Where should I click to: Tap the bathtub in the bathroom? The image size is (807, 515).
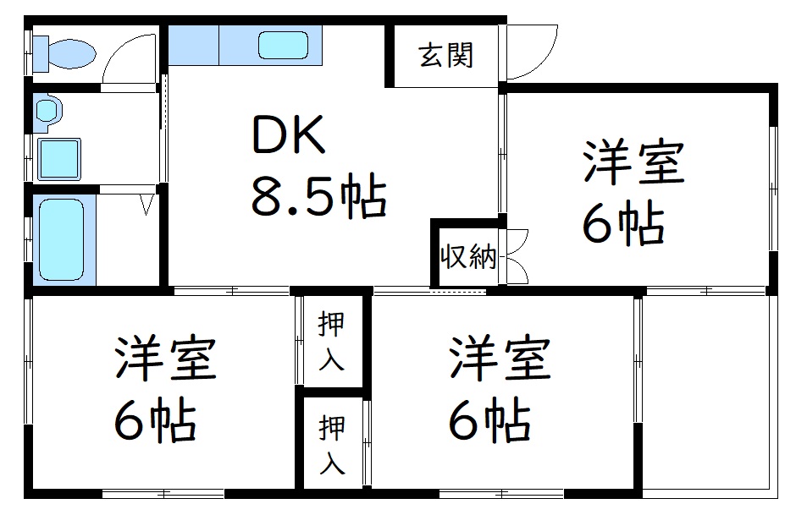tap(61, 239)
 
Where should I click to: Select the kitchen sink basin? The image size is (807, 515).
tap(283, 45)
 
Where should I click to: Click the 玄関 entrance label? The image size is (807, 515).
tap(445, 55)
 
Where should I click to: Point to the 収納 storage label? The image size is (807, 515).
tap(467, 255)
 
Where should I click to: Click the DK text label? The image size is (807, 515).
tap(289, 134)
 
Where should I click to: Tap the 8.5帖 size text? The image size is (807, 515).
tap(318, 197)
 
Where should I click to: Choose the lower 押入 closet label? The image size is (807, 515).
tap(331, 445)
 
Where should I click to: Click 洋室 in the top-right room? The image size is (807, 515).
tap(633, 162)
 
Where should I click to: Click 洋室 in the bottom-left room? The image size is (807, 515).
tap(165, 359)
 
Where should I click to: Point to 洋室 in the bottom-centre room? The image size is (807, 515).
tap(500, 359)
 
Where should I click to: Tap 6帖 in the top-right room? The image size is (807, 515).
tap(623, 222)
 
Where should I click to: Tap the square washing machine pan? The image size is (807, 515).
tap(59, 159)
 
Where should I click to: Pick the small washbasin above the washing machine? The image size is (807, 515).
tap(48, 109)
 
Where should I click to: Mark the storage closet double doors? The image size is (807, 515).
tap(517, 256)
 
